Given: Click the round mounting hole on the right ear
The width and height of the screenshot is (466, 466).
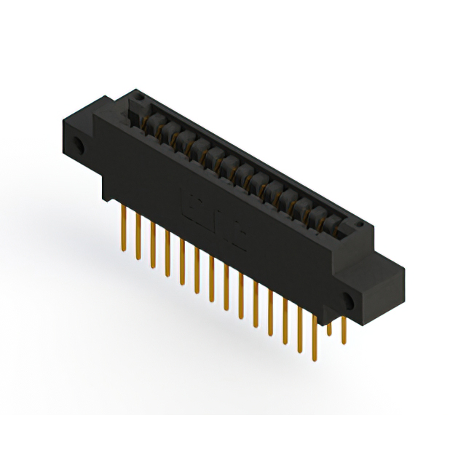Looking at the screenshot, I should coord(348,300).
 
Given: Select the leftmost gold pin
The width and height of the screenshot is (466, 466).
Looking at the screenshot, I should coord(123,226).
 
